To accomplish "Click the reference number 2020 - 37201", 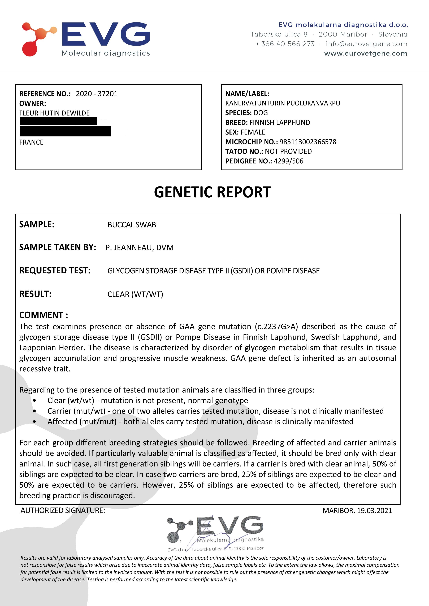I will tap(97, 94).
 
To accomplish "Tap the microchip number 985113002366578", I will tap(308, 142).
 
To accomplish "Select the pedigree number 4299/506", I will tap(288, 161).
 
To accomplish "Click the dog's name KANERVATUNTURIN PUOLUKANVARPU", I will tap(283, 103).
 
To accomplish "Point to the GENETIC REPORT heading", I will tap(212, 192).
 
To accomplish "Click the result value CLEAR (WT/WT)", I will tap(135, 294).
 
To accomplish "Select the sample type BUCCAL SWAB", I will tap(132, 225).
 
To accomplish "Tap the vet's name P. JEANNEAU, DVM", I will tap(140, 248).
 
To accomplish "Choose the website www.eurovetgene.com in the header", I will tap(366, 54).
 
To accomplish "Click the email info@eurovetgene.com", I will tap(366, 44).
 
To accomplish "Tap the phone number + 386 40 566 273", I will tap(285, 44).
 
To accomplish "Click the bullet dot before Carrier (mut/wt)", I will tap(35, 411).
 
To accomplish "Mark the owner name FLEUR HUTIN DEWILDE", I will tap(54, 113).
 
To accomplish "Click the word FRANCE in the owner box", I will tap(31, 142).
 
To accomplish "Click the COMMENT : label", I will tap(44, 315).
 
